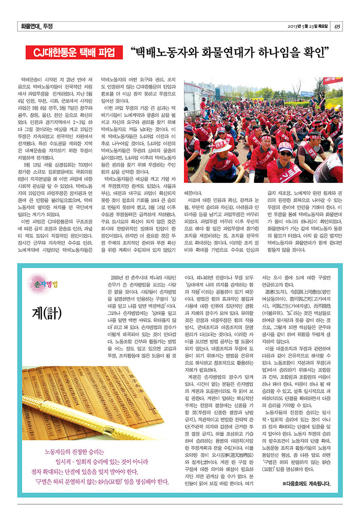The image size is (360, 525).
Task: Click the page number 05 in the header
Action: tap(337, 26)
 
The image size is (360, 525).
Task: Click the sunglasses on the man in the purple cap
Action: tap(285, 153)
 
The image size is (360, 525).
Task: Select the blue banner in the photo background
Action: tap(308, 94)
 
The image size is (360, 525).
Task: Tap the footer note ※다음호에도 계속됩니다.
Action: tap(306, 484)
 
